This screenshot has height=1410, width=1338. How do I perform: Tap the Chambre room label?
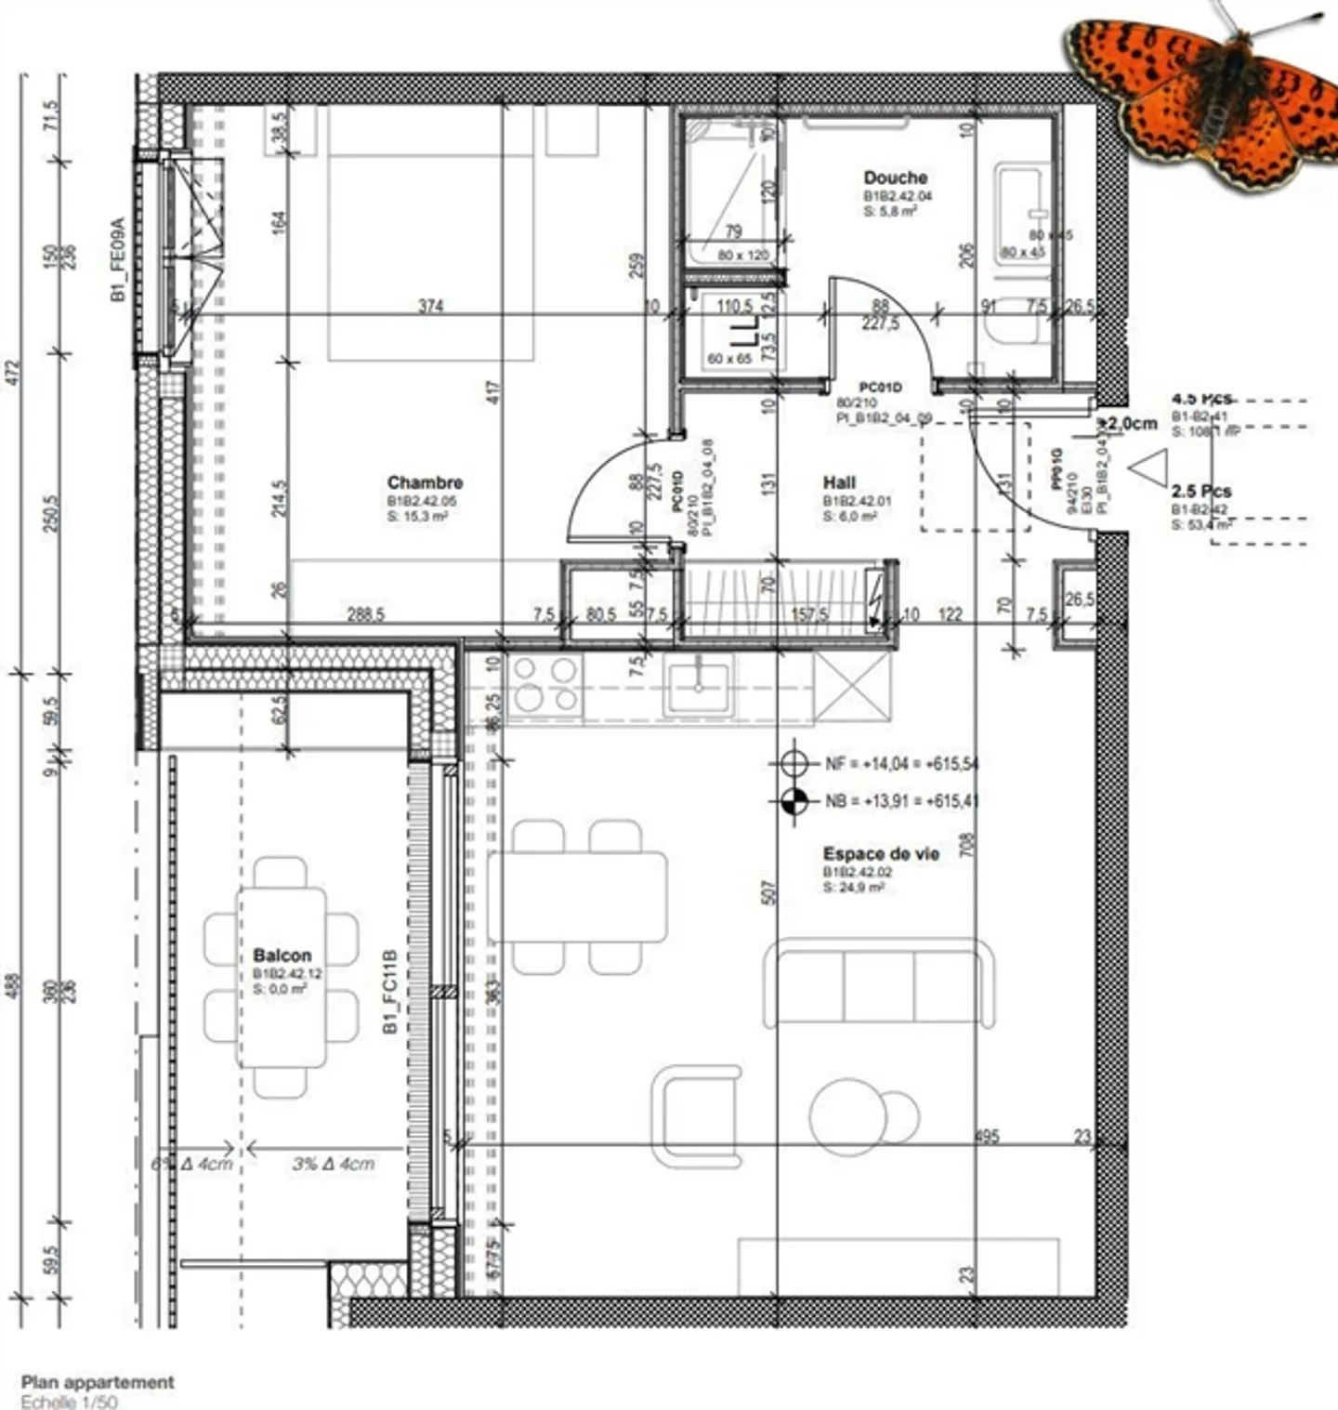[x=425, y=483]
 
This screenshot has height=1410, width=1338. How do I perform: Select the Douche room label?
[x=895, y=178]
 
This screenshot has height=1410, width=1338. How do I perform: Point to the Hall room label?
[x=839, y=482]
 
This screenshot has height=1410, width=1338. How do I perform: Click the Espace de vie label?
[x=881, y=853]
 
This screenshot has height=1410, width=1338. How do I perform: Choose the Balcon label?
[x=282, y=955]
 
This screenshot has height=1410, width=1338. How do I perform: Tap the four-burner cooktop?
[x=546, y=685]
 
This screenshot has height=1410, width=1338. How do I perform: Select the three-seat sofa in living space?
[x=879, y=983]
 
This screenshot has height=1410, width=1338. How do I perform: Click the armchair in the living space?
[x=697, y=1115]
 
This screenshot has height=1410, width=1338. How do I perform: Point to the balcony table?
[x=282, y=976]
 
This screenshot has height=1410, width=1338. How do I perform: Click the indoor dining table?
[x=577, y=897]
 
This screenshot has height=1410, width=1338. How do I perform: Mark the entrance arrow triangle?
[x=1148, y=468]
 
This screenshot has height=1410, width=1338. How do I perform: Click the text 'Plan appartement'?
[x=98, y=1382]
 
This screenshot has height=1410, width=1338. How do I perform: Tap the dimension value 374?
[x=430, y=306]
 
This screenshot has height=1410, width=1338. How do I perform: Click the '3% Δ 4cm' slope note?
[x=333, y=1163]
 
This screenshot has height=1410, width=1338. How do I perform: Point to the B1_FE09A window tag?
[x=117, y=259]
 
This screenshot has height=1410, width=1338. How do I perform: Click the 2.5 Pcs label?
[x=1201, y=491]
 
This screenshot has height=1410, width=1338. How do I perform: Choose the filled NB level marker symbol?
[x=794, y=800]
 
